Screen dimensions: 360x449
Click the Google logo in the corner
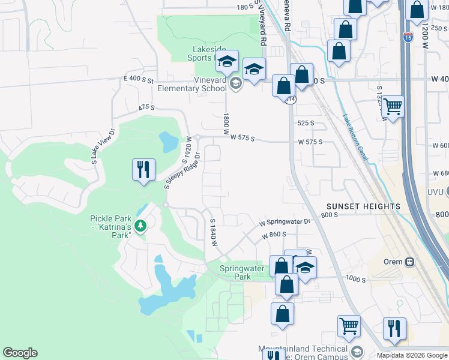tap(20, 353)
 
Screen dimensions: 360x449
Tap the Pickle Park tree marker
tap(140, 226)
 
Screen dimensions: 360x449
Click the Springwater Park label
tap(242, 273)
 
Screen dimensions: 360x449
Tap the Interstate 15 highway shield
tap(408, 36)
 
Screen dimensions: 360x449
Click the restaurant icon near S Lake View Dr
tap(143, 170)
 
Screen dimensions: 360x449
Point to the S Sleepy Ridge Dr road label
tap(182, 167)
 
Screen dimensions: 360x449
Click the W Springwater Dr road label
tap(285, 221)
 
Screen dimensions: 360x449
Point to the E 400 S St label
tap(139, 79)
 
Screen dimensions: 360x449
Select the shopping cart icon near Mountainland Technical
tap(349, 326)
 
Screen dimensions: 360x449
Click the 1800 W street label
tap(226, 124)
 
